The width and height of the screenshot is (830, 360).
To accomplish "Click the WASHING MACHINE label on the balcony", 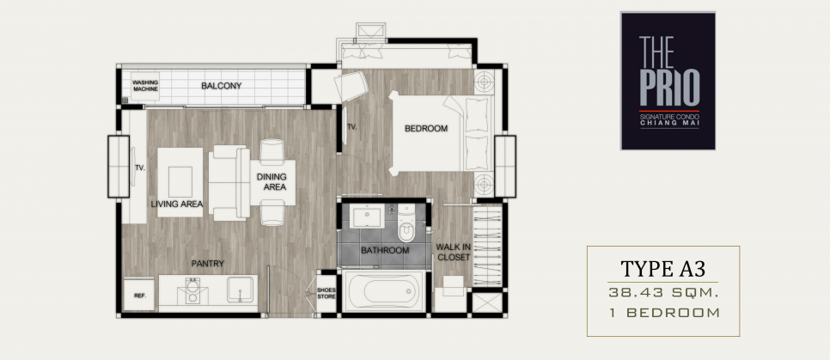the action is [145, 86].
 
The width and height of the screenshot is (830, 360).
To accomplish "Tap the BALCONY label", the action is [222, 86].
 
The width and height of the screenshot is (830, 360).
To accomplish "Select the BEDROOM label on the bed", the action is [426, 128].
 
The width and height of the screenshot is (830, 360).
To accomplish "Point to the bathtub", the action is [384, 291].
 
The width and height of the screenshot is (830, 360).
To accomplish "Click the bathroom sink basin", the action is [367, 217].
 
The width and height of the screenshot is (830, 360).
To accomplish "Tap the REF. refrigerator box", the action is [139, 295].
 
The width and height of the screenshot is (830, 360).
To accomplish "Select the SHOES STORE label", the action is [327, 293].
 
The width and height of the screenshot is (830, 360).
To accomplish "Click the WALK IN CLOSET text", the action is [453, 252].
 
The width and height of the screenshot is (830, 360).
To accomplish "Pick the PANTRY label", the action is [208, 263].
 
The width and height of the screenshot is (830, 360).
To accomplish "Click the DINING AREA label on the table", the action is [272, 181].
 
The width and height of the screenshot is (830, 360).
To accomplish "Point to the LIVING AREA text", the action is [177, 204].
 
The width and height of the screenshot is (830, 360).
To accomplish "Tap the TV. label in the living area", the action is [140, 168].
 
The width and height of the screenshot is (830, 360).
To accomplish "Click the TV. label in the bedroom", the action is [352, 127].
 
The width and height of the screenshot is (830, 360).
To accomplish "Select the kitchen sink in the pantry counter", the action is [240, 289].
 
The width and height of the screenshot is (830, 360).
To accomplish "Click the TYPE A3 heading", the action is [663, 268].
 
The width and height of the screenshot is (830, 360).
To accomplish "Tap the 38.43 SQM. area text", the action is [662, 292].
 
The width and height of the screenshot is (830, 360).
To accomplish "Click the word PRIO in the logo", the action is [669, 88].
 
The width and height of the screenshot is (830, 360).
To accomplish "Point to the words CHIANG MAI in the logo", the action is [669, 124].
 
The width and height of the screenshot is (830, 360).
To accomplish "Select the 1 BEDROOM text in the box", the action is [664, 313].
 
